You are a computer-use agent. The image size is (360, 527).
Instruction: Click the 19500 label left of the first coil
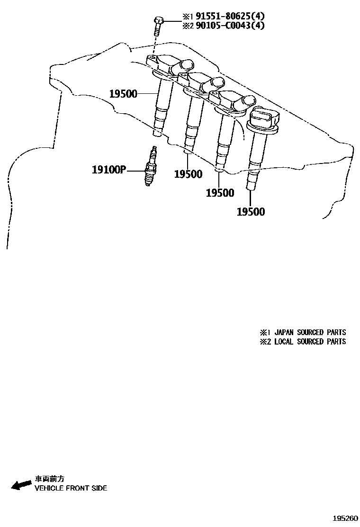(x=123, y=94)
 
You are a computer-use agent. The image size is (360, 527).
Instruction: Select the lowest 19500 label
(x=251, y=212)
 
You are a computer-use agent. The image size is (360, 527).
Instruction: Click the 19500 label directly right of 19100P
(x=188, y=174)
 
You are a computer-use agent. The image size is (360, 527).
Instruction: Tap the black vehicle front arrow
(x=20, y=485)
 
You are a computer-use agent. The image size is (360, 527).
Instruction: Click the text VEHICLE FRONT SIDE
(x=71, y=488)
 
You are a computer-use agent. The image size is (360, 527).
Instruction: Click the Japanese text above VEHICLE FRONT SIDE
(x=48, y=479)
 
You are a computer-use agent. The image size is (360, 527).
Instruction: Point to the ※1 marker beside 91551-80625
(x=182, y=17)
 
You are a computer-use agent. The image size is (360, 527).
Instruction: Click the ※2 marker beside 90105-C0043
(x=182, y=26)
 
